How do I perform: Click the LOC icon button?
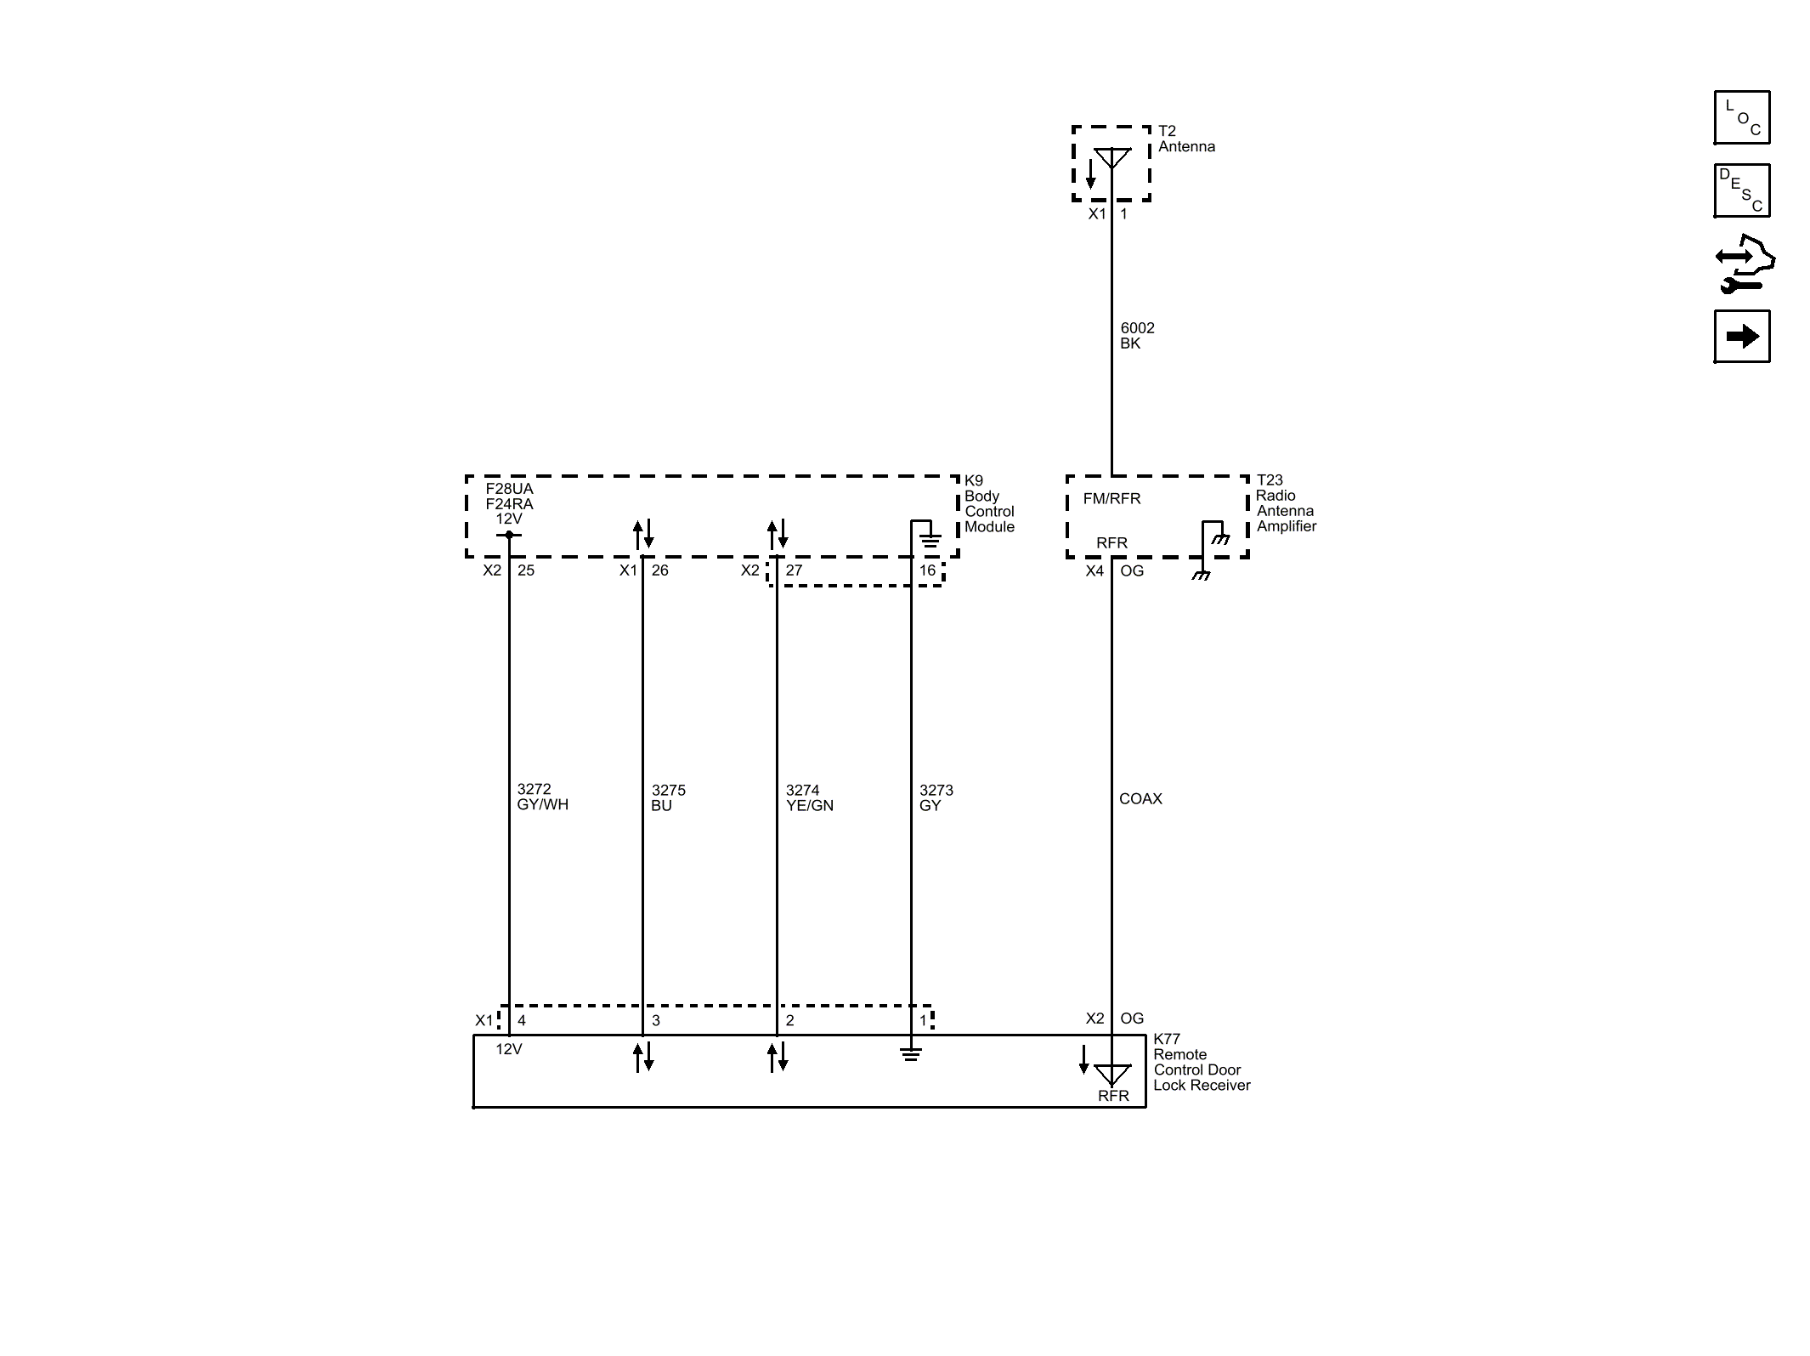(1742, 117)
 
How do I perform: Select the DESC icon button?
(1742, 190)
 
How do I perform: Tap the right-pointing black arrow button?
(1742, 337)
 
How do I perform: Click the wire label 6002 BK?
(1137, 336)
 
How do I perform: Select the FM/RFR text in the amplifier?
(1111, 499)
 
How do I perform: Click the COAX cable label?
(1140, 799)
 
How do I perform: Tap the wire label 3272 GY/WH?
(542, 797)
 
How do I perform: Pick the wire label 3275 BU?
(668, 798)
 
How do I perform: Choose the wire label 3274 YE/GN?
(809, 798)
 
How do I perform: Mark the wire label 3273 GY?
(936, 798)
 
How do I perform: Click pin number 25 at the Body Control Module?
(526, 570)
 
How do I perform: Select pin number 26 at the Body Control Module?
(660, 570)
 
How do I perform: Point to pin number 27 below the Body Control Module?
(794, 570)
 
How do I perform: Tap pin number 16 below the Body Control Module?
(927, 570)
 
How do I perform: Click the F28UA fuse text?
(510, 489)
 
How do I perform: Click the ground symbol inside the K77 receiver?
(911, 1054)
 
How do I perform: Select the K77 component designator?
(1167, 1039)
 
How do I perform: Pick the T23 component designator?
(1270, 480)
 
